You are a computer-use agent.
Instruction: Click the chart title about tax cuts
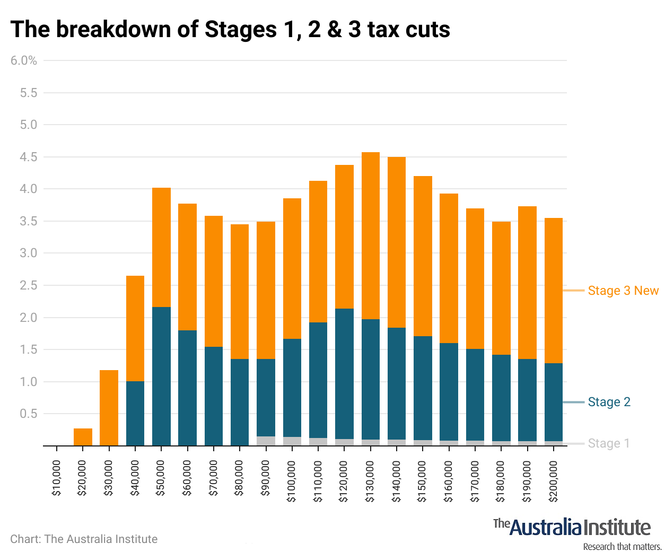[x=230, y=30]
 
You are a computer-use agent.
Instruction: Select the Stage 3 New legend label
[x=623, y=291]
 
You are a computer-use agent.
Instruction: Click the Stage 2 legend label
[x=609, y=402]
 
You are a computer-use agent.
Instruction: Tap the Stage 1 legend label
[x=608, y=443]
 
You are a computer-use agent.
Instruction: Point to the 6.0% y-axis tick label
[x=24, y=60]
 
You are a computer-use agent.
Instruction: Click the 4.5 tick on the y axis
[x=29, y=157]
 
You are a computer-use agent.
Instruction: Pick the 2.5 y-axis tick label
[x=29, y=285]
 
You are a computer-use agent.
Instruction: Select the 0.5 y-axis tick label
[x=29, y=414]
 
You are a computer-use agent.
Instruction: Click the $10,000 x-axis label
[x=56, y=478]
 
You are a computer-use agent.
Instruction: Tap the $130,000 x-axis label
[x=370, y=481]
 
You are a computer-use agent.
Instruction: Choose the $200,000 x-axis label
[x=553, y=481]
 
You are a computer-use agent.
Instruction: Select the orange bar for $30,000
[x=109, y=408]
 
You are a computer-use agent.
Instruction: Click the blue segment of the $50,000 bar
[x=161, y=376]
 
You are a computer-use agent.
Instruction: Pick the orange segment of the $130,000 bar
[x=370, y=235]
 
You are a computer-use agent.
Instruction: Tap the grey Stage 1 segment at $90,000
[x=266, y=441]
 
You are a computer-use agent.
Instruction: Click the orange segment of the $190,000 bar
[x=527, y=282]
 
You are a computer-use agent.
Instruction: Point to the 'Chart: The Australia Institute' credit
[x=84, y=539]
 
